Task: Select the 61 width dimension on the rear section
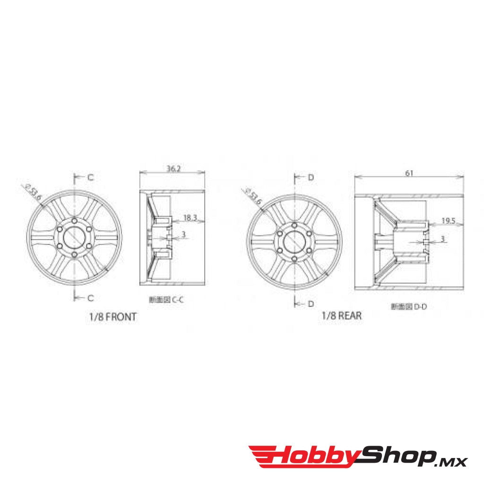(x=409, y=173)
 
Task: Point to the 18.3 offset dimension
(x=190, y=218)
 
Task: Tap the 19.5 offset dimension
(x=449, y=220)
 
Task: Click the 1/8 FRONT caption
(x=112, y=317)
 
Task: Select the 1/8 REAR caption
(x=342, y=316)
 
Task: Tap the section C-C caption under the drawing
(x=167, y=300)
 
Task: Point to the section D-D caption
(x=409, y=306)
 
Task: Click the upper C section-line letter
(x=90, y=178)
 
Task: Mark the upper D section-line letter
(x=311, y=178)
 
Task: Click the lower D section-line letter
(x=311, y=304)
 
